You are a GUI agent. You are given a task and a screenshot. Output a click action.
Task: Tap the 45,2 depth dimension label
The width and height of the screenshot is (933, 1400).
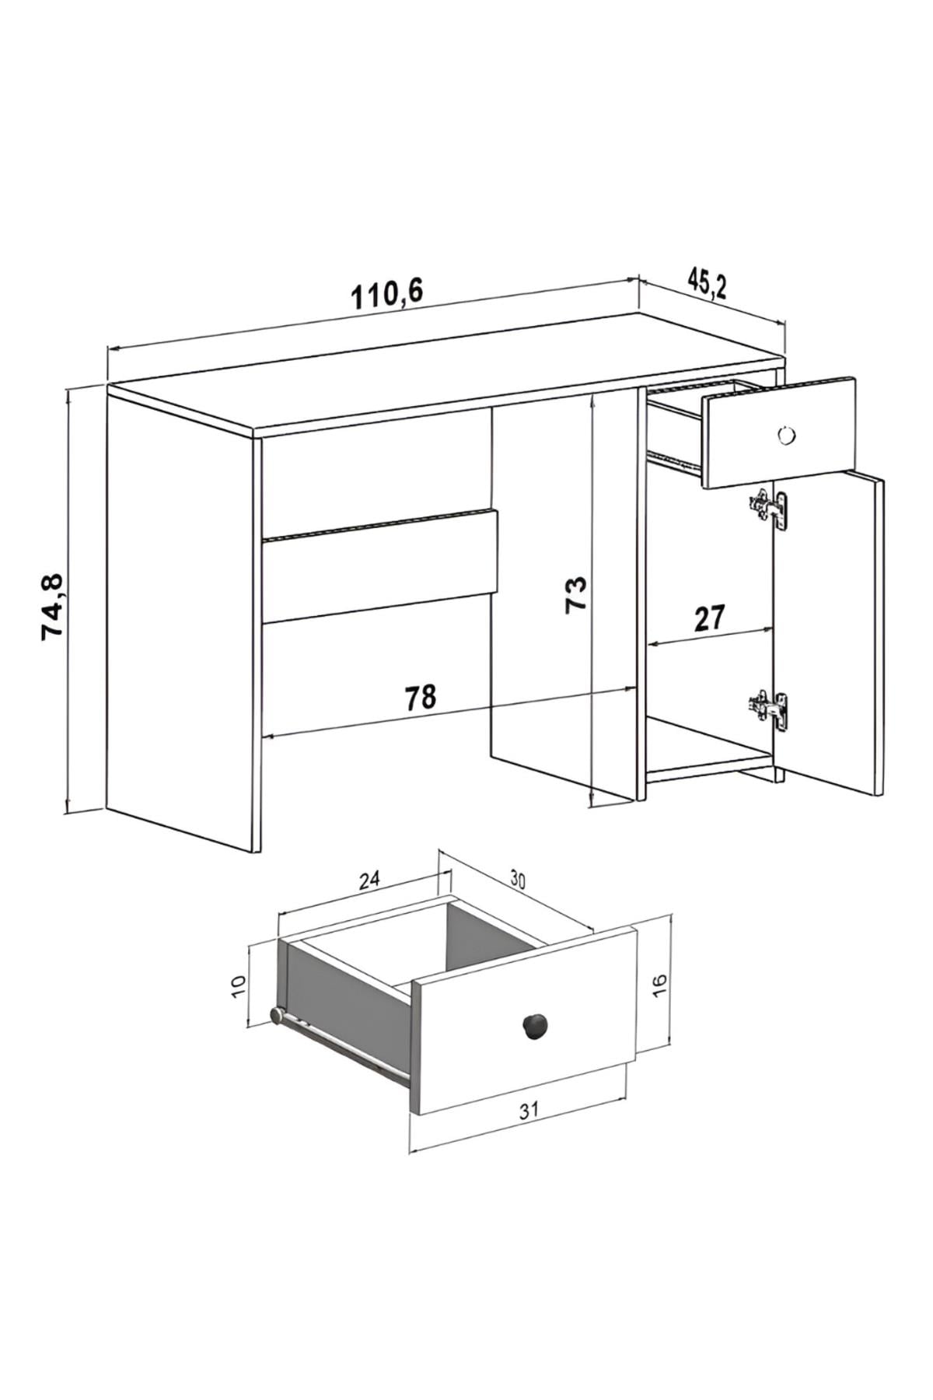pyautogui.click(x=707, y=285)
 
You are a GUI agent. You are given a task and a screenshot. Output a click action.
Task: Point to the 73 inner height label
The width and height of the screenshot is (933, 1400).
pyautogui.click(x=576, y=595)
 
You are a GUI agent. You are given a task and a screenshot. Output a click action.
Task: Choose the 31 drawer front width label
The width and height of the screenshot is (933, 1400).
pyautogui.click(x=529, y=1110)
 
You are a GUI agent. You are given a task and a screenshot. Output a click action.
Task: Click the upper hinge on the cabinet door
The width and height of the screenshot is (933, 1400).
pyautogui.click(x=769, y=508)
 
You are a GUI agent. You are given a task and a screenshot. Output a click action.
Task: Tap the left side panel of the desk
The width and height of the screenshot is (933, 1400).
pyautogui.click(x=183, y=622)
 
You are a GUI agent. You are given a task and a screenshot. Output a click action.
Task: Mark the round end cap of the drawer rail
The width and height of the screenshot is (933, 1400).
pyautogui.click(x=276, y=1014)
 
